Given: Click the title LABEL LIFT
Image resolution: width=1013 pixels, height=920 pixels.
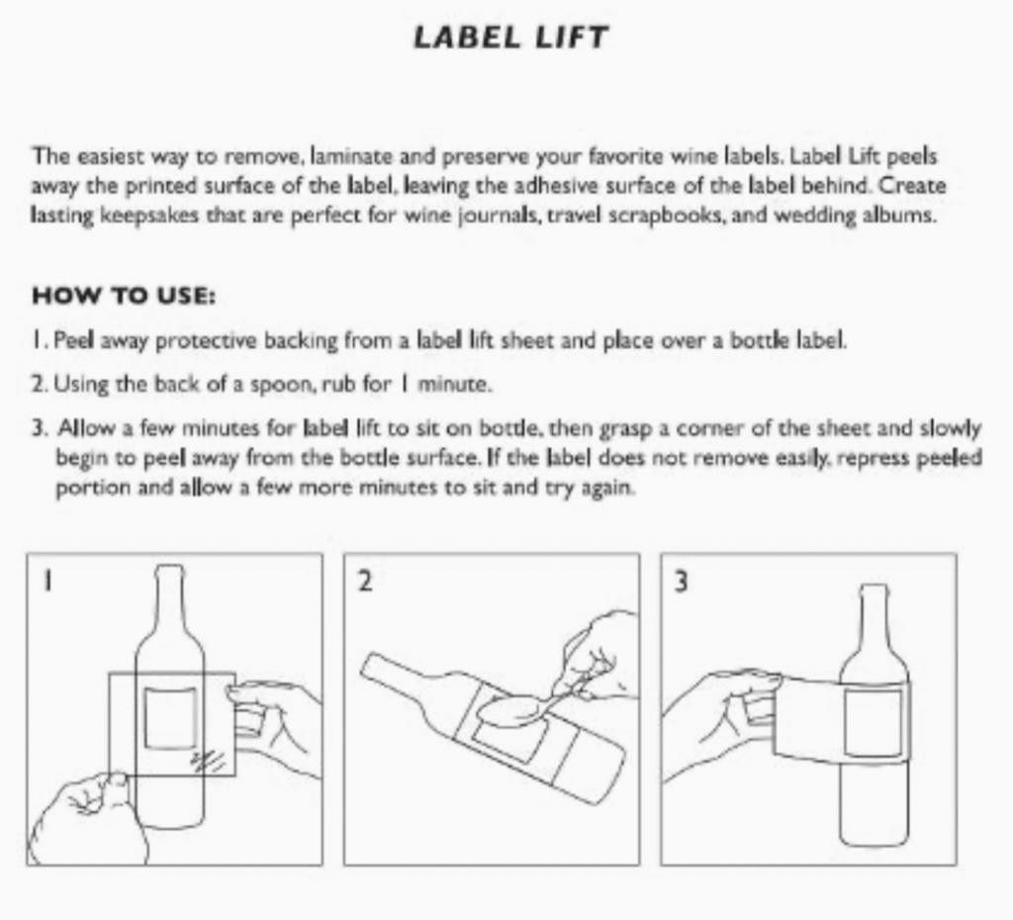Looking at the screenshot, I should coord(510,39).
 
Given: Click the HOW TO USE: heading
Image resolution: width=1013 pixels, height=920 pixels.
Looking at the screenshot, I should coord(125,296).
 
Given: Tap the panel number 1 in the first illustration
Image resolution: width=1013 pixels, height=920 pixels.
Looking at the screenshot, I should coord(45,582).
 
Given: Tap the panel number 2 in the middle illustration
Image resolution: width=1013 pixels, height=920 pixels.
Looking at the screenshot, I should coord(364,582).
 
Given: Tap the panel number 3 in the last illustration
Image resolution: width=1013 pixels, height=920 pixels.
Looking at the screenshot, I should coord(681,582).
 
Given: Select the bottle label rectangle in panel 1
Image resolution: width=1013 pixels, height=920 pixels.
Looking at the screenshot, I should coord(170,718).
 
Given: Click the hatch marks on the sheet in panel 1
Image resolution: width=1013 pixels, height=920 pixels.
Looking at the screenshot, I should coord(209,760).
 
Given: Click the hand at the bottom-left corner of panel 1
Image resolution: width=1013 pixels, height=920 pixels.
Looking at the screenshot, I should coord(84,816).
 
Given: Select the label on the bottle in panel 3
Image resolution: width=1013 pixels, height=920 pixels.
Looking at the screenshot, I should coord(874,723).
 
